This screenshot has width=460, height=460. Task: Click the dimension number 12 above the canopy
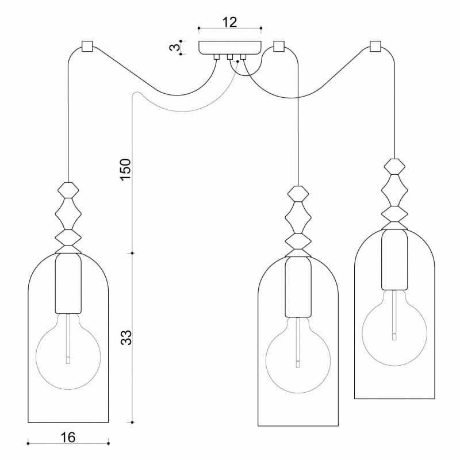(x=229, y=22)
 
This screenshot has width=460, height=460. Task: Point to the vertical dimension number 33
(x=127, y=337)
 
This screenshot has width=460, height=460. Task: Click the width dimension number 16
(x=68, y=438)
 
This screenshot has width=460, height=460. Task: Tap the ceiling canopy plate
(x=229, y=47)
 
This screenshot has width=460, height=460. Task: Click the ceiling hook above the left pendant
(x=87, y=46)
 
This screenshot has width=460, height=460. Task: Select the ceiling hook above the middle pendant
(x=279, y=46)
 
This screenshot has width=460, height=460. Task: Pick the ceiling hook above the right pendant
(x=376, y=46)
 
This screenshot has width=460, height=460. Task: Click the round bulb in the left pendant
(x=68, y=348)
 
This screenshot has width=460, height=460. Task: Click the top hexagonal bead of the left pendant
(x=68, y=189)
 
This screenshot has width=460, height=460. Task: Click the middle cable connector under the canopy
(x=229, y=57)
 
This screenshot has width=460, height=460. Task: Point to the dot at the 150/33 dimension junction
(x=133, y=252)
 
